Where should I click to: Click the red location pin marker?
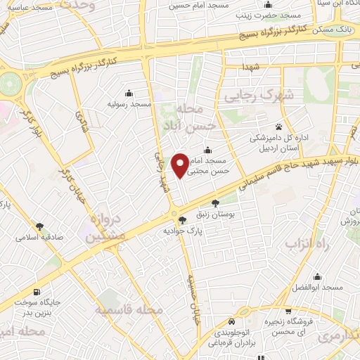tap(180, 165)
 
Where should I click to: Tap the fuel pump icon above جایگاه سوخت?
tap(36, 292)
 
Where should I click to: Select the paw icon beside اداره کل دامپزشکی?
tap(279, 127)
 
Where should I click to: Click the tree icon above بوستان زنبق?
tap(224, 202)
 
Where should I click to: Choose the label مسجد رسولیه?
tap(129, 104)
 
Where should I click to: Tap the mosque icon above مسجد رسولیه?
tap(129, 93)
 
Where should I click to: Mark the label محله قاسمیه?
tap(131, 309)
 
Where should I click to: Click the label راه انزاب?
tap(302, 244)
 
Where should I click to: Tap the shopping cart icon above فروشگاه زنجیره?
tap(288, 311)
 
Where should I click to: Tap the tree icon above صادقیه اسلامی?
tap(39, 226)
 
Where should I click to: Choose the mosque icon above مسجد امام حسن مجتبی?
tap(207, 150)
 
